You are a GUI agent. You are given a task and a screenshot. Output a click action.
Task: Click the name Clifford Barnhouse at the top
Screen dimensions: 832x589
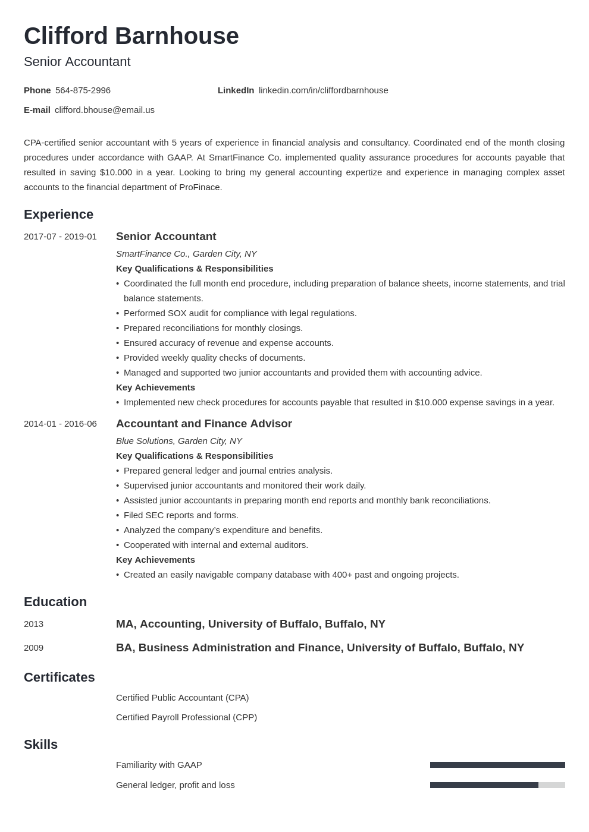point(131,36)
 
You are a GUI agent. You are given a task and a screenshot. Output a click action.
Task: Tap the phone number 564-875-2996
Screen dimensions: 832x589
point(83,90)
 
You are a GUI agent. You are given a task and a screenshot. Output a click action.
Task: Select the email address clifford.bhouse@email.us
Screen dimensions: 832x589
point(105,110)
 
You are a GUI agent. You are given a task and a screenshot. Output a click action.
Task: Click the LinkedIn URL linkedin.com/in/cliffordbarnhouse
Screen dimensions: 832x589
point(323,90)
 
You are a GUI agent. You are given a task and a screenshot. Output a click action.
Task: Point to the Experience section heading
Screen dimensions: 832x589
point(58,215)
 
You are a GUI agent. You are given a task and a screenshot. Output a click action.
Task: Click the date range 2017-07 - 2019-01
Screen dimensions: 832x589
point(60,237)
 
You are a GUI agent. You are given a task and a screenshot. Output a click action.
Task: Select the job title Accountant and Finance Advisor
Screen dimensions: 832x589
point(203,424)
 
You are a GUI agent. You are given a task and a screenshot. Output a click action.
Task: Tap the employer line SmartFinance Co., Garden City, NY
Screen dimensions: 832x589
point(186,254)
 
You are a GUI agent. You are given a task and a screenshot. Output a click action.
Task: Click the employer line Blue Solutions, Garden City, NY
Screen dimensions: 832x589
point(178,441)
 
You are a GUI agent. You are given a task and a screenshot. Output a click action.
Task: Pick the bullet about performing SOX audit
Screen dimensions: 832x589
point(240,313)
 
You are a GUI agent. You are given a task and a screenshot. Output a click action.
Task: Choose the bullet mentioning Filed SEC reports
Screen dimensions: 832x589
point(181,515)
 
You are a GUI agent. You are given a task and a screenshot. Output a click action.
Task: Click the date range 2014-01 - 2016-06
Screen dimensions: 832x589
point(60,424)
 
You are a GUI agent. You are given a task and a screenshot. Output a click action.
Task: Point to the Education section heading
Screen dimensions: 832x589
point(55,602)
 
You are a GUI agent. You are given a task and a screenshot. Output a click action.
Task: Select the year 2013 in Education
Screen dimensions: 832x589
point(33,624)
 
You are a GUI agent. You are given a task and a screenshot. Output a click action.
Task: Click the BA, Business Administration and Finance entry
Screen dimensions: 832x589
point(319,648)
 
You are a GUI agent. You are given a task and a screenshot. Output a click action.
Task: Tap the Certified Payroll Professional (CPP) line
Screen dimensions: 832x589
point(186,717)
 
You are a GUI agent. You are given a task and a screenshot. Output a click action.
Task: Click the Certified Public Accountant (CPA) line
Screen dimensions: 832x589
point(182,698)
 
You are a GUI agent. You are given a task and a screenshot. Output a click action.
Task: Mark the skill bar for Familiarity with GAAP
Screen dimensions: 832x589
point(497,765)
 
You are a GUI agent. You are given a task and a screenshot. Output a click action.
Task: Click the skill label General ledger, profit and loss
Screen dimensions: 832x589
point(175,785)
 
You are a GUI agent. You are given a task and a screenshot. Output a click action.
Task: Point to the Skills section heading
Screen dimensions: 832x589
point(40,745)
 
